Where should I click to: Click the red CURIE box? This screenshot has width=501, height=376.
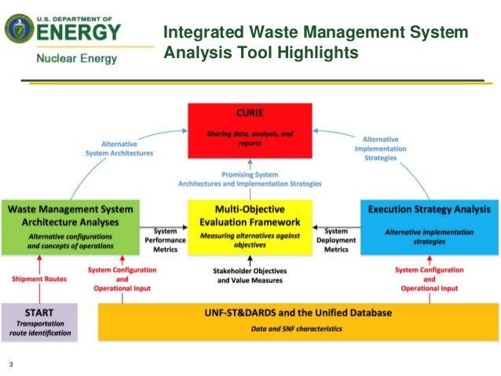pos(251,130)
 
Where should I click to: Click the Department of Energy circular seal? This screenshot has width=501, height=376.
pos(19,31)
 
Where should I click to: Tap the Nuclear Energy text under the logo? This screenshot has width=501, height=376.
pos(76,59)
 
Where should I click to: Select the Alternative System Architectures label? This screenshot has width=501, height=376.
pos(120,148)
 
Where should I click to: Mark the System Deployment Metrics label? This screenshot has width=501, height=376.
pos(336,239)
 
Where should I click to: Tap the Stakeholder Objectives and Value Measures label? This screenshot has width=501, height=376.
pos(251,276)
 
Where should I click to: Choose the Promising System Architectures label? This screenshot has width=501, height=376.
pos(250,179)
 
